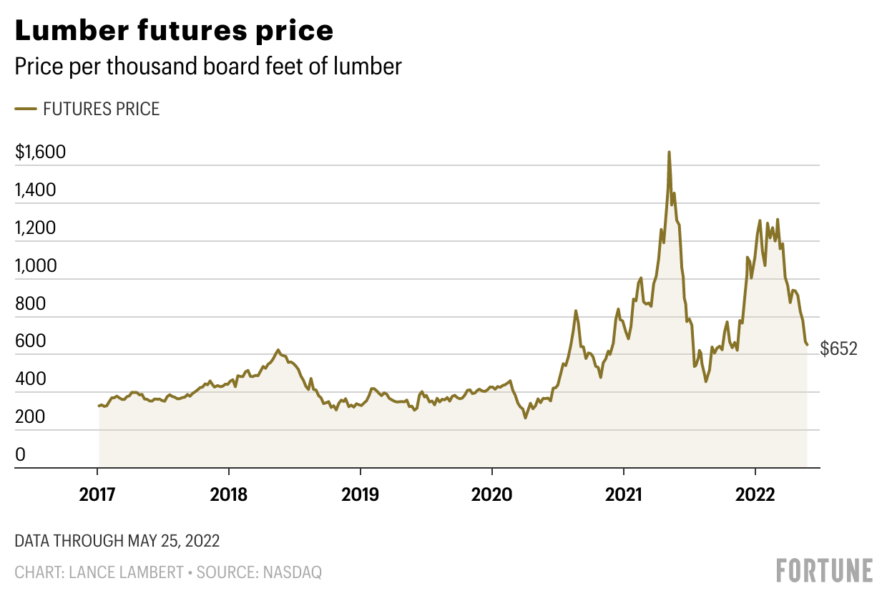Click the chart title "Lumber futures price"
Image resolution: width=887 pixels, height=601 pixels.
tap(174, 31)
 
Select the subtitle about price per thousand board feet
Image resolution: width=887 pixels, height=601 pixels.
tap(208, 67)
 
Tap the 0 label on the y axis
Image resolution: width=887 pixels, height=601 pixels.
tap(20, 454)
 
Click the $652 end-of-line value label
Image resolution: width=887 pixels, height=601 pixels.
tap(838, 349)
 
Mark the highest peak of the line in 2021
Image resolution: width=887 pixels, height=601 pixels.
tap(669, 152)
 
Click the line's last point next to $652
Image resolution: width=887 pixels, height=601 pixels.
tap(808, 345)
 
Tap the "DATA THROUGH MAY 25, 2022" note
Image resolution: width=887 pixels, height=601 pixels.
tap(117, 540)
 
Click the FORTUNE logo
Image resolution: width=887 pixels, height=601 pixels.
tap(825, 570)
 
